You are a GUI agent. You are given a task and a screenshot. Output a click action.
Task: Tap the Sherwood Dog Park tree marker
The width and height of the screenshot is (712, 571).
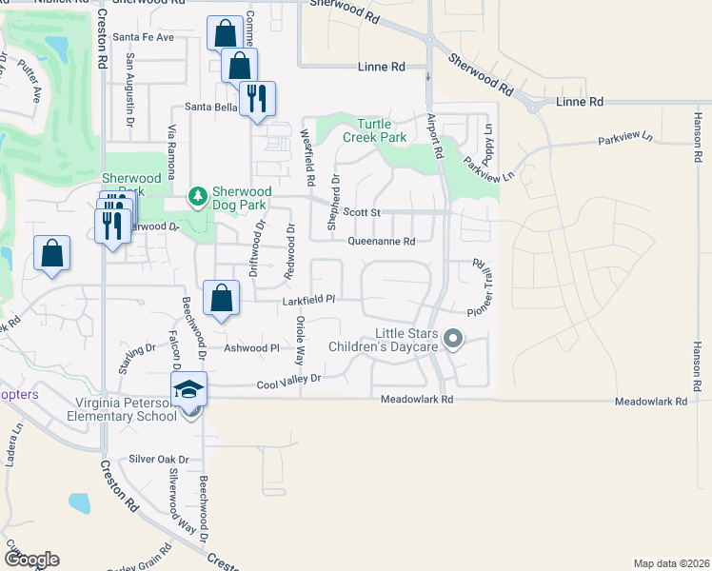tap(198, 196)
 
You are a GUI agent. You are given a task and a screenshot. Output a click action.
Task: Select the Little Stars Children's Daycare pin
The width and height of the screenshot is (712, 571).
tap(453, 338)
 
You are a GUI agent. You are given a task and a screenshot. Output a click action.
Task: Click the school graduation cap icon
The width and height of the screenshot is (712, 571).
tap(188, 389)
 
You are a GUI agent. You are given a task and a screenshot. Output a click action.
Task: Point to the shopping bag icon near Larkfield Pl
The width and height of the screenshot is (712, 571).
tap(221, 298)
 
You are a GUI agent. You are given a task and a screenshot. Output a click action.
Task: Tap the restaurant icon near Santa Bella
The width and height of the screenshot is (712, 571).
tap(257, 98)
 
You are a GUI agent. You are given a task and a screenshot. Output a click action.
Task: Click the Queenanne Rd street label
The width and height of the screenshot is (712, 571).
tap(382, 242)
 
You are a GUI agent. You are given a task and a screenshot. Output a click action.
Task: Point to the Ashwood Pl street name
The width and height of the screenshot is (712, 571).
tap(250, 348)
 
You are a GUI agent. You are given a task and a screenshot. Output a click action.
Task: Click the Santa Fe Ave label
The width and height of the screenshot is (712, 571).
tap(143, 37)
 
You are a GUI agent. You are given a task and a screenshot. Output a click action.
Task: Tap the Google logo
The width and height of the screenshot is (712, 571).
tap(31, 559)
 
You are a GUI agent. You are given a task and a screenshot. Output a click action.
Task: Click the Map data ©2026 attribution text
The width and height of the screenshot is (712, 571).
tap(671, 563)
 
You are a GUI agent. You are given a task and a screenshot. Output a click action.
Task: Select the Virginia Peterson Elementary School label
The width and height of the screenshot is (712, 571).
tap(121, 408)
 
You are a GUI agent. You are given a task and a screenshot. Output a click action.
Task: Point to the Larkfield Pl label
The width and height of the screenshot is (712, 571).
tap(309, 301)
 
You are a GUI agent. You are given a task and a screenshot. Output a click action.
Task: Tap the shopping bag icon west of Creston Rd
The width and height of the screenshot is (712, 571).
tap(51, 254)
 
